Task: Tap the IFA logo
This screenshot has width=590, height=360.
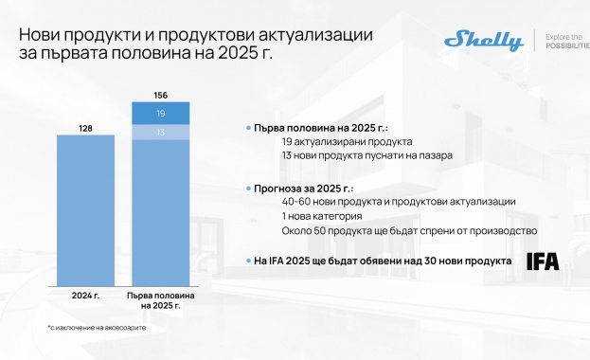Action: (x=543, y=261)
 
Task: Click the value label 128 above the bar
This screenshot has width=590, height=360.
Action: (x=85, y=126)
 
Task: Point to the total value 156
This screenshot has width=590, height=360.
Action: (x=160, y=94)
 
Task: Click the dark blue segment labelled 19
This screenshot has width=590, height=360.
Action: (x=160, y=113)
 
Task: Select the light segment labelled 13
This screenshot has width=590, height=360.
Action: (x=160, y=133)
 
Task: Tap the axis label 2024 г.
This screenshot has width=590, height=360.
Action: (x=85, y=296)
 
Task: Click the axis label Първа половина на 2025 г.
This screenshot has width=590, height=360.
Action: (x=160, y=300)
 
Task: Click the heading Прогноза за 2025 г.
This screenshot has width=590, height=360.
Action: (x=301, y=188)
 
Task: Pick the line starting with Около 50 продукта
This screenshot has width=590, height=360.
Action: (x=409, y=230)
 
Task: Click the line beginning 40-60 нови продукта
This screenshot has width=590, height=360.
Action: (x=398, y=202)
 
